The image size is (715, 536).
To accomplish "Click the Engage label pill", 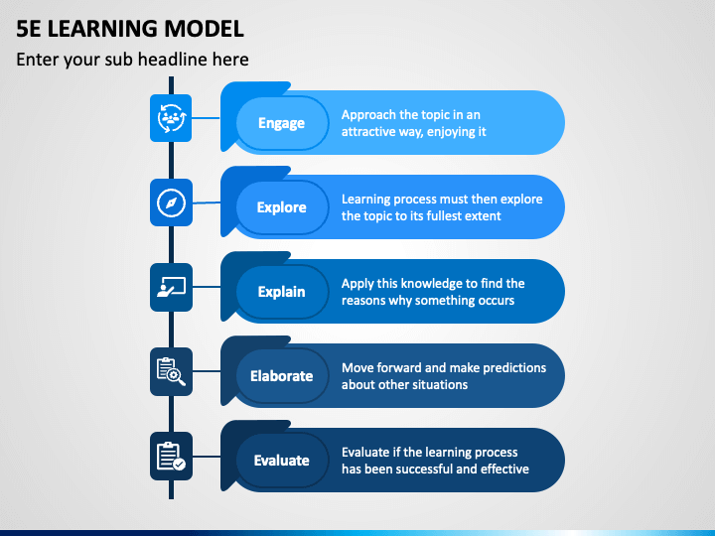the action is coord(282,123).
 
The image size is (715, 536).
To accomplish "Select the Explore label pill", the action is coord(282,207).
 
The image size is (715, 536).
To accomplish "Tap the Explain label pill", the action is coord(282,292).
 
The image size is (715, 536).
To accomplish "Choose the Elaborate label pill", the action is coord(282,376).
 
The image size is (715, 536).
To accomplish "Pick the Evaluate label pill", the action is coord(282,461).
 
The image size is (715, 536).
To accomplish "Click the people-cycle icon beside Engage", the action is coord(171,118).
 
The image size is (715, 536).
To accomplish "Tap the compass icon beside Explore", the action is coord(171,202).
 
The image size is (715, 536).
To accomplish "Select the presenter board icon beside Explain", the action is coord(171,287).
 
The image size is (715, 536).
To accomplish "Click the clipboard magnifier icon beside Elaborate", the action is coord(171,371).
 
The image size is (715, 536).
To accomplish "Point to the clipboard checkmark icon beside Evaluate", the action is coord(171,456).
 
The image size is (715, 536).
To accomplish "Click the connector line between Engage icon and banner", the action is coord(206,118).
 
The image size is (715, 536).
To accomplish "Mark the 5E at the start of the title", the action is coord(29,29).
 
